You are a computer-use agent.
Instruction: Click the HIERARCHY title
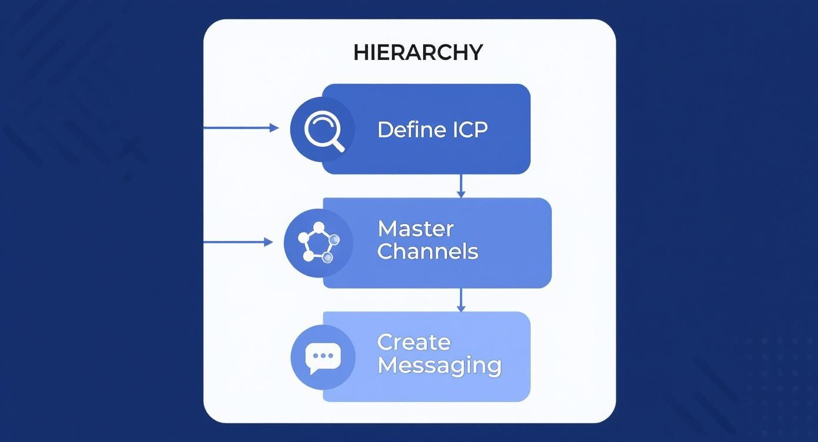418,52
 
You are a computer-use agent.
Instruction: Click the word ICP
470,130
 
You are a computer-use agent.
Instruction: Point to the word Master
415,229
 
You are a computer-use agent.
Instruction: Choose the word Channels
428,252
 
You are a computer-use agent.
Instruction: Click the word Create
414,343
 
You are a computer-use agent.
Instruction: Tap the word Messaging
440,366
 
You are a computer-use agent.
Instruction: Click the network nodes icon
319,242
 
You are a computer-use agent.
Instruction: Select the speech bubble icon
323,358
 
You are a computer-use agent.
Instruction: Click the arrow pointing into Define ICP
242,128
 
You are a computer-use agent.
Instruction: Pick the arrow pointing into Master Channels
238,242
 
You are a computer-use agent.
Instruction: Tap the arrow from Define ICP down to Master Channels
461,186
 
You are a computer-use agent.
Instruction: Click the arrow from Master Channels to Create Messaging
461,300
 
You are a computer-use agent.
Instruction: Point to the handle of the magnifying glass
337,145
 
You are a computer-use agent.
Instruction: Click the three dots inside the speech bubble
323,356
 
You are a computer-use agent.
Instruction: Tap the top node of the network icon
319,227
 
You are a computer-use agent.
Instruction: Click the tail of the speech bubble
313,371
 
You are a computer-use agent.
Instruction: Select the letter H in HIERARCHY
360,52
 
